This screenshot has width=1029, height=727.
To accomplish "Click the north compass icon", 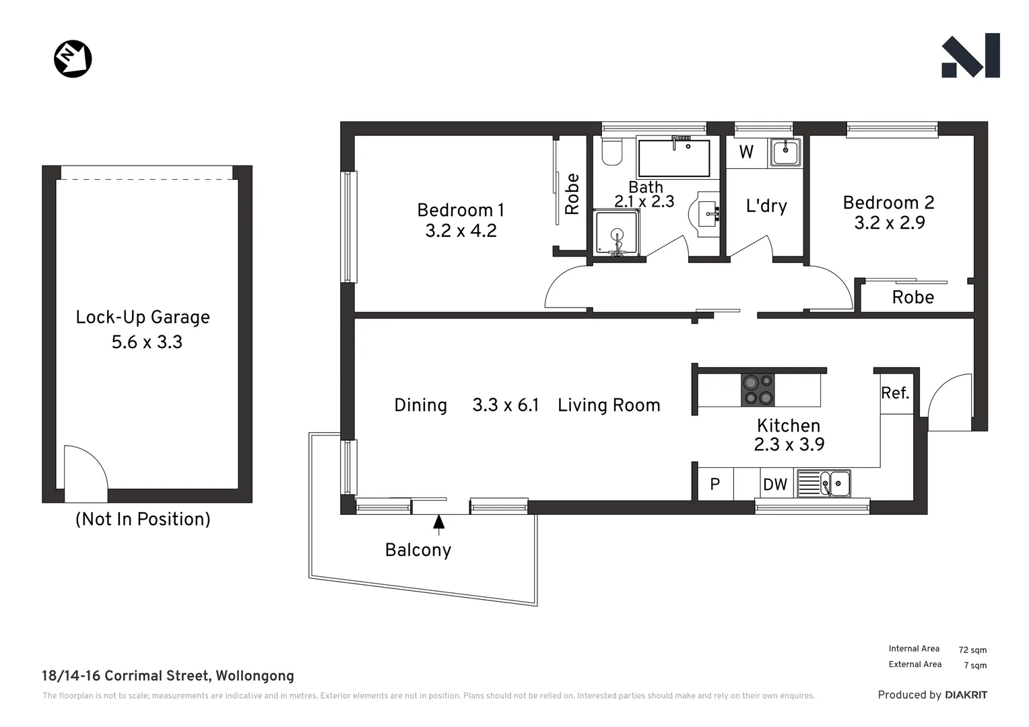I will tap(73, 59).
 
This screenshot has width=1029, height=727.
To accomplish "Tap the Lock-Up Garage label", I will tap(143, 317).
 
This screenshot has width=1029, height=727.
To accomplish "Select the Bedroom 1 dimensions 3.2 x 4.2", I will tap(461, 231).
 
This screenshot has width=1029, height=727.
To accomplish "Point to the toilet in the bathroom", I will tap(611, 153).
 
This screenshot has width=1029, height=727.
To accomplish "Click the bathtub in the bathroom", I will tap(673, 158).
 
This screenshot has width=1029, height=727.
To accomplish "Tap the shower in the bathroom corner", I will tap(616, 232).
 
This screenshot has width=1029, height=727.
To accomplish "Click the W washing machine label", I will tap(746, 152).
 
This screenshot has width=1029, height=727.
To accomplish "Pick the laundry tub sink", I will tap(785, 152).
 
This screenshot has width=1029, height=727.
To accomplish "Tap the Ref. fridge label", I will tap(895, 393).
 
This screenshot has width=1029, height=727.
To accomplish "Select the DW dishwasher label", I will tap(775, 485).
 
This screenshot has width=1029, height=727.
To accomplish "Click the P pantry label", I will tap(715, 485).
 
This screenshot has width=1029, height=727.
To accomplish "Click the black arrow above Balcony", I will tap(438, 522).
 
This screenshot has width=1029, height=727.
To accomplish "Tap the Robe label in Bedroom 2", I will tap(912, 298).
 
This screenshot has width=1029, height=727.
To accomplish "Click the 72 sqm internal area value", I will tap(972, 650).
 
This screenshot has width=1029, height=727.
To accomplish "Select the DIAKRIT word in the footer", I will tap(966, 695).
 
